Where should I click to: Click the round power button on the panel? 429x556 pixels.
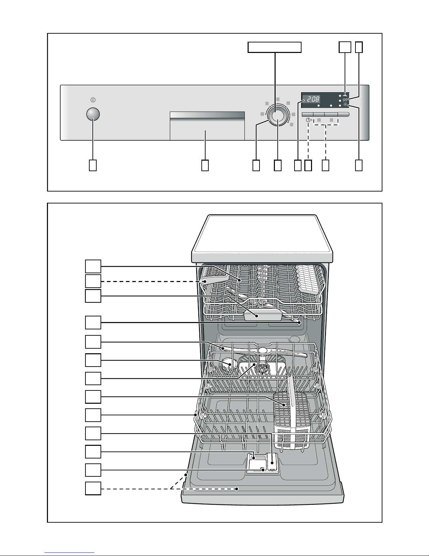(x=93, y=114)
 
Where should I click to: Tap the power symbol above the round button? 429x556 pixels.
(x=93, y=100)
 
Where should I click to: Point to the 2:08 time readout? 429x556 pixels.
(x=313, y=99)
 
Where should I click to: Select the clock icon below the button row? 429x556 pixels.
(x=308, y=120)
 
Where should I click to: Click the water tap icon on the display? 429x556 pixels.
(x=345, y=95)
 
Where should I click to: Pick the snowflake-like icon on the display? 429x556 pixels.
(x=346, y=105)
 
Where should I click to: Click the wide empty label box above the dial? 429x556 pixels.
(x=275, y=47)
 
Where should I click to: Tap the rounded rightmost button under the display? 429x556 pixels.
(x=344, y=114)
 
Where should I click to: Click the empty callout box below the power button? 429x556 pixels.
(x=93, y=165)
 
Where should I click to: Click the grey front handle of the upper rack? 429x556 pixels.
(x=263, y=314)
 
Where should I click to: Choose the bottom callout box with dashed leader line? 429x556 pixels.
(x=93, y=488)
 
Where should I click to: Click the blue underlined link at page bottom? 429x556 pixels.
(x=69, y=552)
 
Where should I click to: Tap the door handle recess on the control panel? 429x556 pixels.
(x=207, y=126)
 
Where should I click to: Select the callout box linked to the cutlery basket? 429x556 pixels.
(x=93, y=397)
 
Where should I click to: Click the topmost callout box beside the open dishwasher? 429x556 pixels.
(x=93, y=266)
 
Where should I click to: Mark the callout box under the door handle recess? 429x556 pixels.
(x=205, y=165)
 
